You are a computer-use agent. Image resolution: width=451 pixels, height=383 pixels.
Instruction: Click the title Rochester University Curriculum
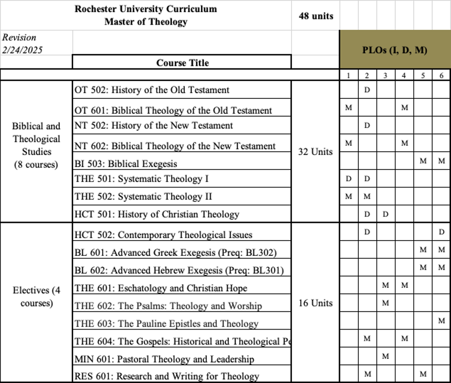point(145,9)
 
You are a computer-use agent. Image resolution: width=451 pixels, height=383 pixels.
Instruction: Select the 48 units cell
point(316,16)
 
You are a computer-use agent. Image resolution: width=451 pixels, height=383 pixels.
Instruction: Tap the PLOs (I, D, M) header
point(394,50)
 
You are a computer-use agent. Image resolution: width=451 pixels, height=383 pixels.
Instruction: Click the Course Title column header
point(182,63)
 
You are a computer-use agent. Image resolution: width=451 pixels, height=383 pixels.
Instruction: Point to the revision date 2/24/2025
point(22,50)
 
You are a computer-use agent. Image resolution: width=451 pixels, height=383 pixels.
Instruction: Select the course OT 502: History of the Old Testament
point(152,90)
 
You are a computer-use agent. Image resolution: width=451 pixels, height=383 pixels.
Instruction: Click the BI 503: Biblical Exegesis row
point(126,164)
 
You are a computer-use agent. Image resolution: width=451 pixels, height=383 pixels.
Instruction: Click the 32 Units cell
point(315,152)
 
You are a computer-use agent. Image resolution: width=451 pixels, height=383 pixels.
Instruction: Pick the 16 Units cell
point(315,303)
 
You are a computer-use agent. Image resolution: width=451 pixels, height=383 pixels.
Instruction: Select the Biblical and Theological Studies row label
point(36,145)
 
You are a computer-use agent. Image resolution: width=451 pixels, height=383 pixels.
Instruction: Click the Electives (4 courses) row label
point(36,297)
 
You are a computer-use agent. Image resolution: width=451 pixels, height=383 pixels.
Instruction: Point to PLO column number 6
point(442,75)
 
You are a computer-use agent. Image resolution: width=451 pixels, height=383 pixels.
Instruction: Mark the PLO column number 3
point(385,75)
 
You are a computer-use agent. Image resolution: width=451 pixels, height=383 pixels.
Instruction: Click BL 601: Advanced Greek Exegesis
point(175,253)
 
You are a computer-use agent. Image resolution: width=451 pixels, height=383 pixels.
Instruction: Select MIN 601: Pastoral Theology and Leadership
point(164,359)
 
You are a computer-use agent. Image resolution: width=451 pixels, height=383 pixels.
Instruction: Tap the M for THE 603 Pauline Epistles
point(442,320)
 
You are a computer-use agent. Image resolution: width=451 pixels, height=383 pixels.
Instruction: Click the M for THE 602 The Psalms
point(385,302)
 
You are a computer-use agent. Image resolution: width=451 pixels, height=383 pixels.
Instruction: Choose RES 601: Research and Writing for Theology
point(166,376)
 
